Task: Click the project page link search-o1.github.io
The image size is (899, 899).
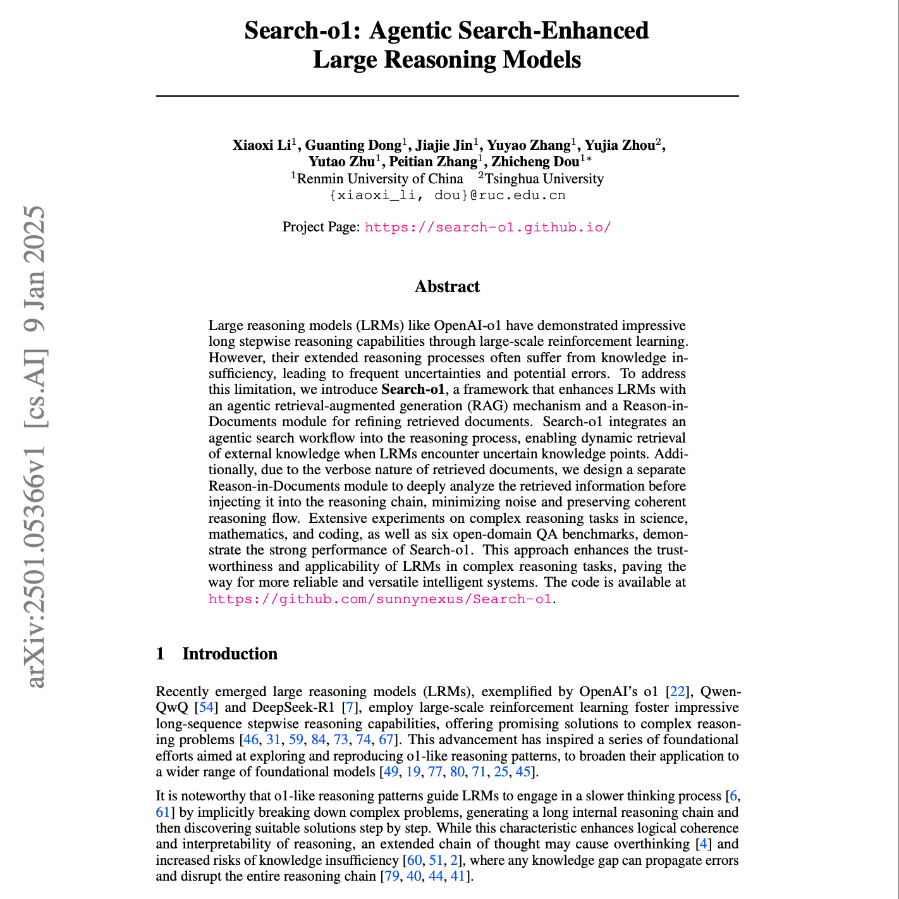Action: pos(487,227)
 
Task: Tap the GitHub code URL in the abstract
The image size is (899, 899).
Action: pos(381,599)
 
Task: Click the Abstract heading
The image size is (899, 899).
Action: pos(447,287)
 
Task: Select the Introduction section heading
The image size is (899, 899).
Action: pos(229,654)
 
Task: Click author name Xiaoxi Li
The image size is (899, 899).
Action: pos(261,145)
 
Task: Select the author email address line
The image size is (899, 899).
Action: pos(447,195)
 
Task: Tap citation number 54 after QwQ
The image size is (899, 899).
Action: pos(206,707)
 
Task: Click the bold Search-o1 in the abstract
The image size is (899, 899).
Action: pos(413,389)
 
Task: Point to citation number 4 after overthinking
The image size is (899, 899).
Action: pos(703,844)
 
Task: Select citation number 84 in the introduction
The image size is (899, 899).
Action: pos(318,739)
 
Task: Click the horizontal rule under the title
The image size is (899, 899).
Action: pos(447,96)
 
